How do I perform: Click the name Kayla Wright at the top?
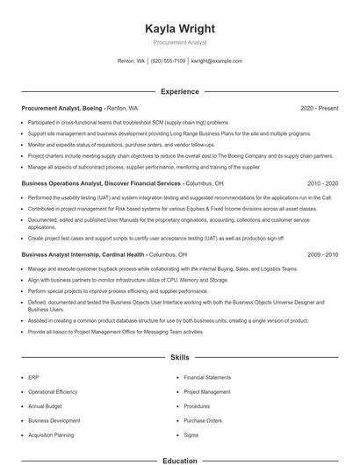pyautogui.click(x=180, y=29)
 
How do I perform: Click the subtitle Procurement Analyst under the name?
pyautogui.click(x=180, y=42)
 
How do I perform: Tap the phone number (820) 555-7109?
pyautogui.click(x=169, y=61)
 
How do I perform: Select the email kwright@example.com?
pyautogui.click(x=216, y=61)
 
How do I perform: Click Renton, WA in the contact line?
pyautogui.click(x=131, y=61)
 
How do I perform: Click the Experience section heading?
pyautogui.click(x=180, y=91)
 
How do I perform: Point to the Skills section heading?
pyautogui.click(x=180, y=358)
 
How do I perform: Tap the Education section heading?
pyautogui.click(x=180, y=460)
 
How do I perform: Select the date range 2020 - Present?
pyautogui.click(x=319, y=108)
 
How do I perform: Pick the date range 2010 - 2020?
pyautogui.click(x=322, y=183)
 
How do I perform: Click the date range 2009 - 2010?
pyautogui.click(x=322, y=254)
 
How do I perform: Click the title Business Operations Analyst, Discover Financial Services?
pyautogui.click(x=102, y=183)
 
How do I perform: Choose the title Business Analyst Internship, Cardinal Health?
pyautogui.click(x=83, y=254)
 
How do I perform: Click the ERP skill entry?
pyautogui.click(x=33, y=376)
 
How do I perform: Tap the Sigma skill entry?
pyautogui.click(x=191, y=435)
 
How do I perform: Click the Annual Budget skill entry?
pyautogui.click(x=44, y=406)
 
